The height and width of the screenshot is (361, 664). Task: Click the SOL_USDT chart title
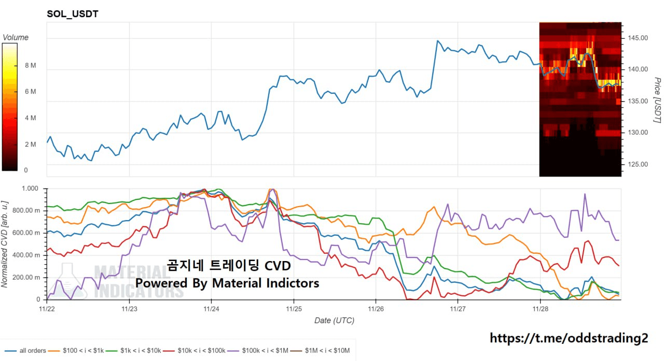coord(73,14)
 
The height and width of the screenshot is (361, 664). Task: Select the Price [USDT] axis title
coord(657,100)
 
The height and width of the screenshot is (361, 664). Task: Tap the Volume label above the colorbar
coord(16,37)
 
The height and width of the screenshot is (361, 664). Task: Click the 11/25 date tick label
coord(294,309)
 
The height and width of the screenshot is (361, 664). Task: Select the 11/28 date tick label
coord(540,309)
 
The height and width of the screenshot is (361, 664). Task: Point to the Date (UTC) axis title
coord(334,321)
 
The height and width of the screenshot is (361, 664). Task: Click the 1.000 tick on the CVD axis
coord(31,189)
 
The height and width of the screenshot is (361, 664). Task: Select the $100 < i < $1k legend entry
coord(84,351)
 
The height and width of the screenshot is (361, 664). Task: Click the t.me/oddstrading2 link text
coord(569,338)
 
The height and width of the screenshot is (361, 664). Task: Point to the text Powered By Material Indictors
coord(227,283)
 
